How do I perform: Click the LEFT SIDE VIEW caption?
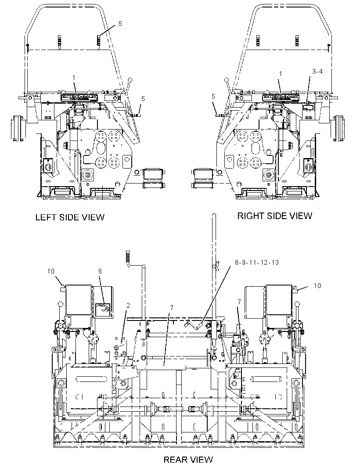coord(70,217)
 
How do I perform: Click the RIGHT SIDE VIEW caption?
coord(275,216)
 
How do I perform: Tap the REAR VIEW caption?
coord(188,459)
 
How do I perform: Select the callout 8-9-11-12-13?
coord(257,263)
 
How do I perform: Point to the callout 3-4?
coord(317,71)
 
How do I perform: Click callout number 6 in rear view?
coord(100,271)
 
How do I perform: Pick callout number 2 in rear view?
coord(128,305)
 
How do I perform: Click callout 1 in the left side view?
coord(74,78)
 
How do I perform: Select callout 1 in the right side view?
coord(280,73)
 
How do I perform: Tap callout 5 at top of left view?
coord(120,23)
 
